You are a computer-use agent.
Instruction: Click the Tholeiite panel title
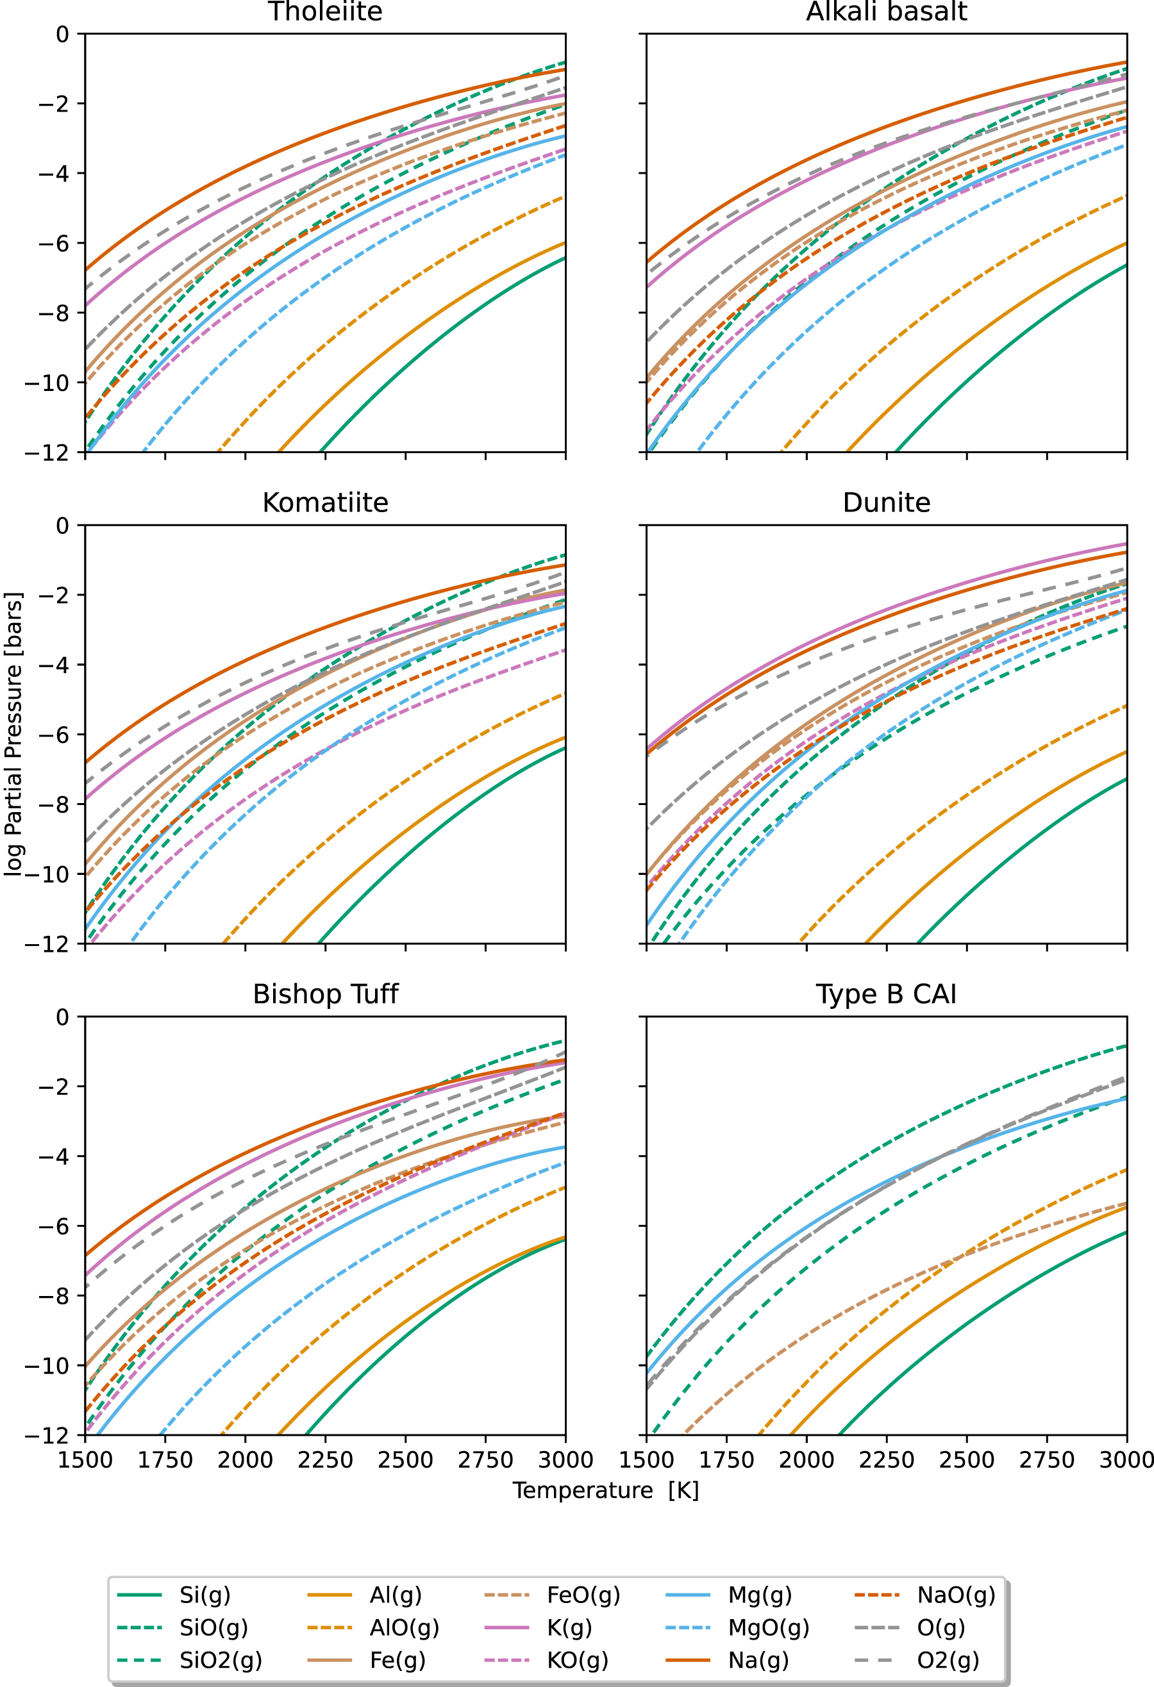pos(324,12)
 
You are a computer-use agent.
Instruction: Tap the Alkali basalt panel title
pos(886,12)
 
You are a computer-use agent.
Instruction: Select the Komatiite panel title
pos(324,503)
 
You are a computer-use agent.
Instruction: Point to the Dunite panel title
pos(886,503)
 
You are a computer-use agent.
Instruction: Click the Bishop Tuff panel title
pos(324,993)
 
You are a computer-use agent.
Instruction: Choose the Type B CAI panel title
pos(886,993)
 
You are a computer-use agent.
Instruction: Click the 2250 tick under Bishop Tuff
pos(324,1460)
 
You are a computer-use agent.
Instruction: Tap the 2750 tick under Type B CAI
pos(1046,1460)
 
